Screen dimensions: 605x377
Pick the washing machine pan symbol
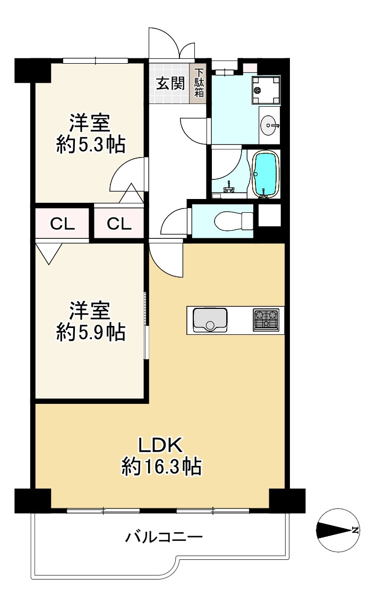pyautogui.click(x=265, y=90)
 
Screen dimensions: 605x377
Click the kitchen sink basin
pyautogui.click(x=209, y=319)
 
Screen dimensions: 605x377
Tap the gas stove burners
pyautogui.click(x=265, y=320)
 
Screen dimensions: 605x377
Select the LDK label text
pyautogui.click(x=161, y=444)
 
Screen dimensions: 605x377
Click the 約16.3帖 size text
pyautogui.click(x=161, y=466)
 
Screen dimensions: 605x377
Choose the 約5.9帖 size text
pyautogui.click(x=91, y=332)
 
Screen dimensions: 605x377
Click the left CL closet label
pyautogui.click(x=62, y=224)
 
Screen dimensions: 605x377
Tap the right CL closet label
pyautogui.click(x=119, y=224)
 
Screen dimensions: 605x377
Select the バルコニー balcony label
pyautogui.click(x=164, y=538)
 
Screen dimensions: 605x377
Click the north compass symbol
pyautogui.click(x=337, y=530)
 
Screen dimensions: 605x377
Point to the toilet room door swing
pyautogui.click(x=174, y=220)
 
